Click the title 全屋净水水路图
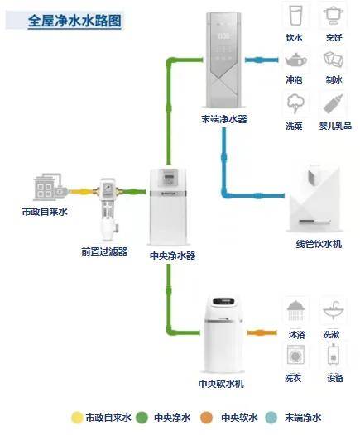pos(74,20)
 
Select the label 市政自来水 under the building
pos(44,212)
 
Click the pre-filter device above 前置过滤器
pos(107,208)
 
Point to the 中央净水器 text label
pos(173,256)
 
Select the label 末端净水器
pos(223,119)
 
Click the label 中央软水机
pos(220,384)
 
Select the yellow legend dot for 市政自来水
pos(77,418)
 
